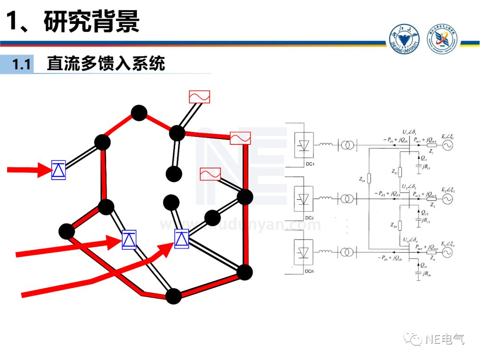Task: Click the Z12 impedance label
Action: [x=394, y=171]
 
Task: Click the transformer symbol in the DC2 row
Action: [x=346, y=199]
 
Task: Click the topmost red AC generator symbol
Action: [x=199, y=96]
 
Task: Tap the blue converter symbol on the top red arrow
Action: [x=59, y=170]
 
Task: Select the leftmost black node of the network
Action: [x=67, y=231]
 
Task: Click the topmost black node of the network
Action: [x=139, y=113]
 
